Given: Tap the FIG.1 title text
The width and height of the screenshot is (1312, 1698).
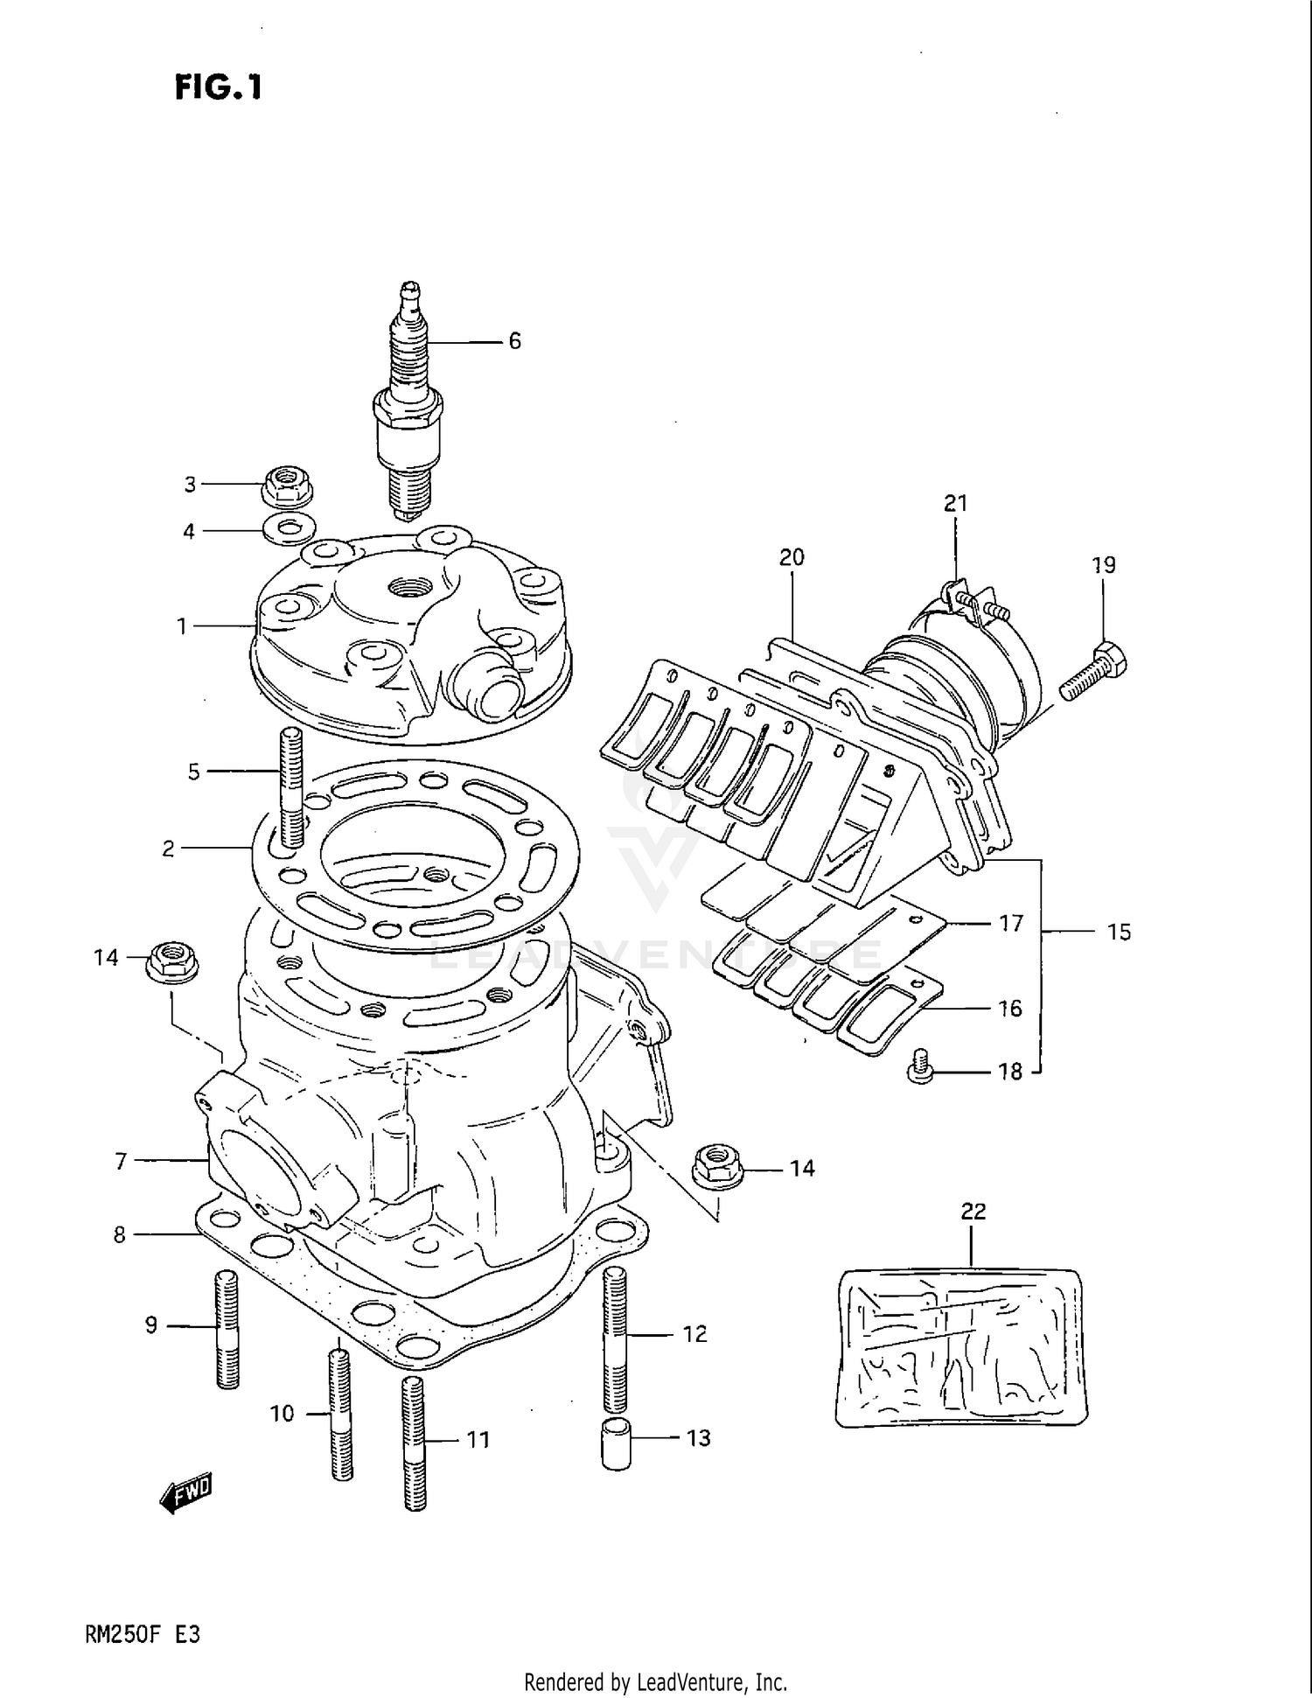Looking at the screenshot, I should coord(219,87).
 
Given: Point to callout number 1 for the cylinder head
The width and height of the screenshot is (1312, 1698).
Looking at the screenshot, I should coord(182,626).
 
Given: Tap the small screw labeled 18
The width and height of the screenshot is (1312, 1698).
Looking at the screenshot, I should coord(918,1067).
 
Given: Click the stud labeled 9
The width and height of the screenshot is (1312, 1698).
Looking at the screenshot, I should coord(227,1328).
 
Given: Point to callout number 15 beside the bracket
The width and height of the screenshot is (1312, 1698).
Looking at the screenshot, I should coord(1119,933).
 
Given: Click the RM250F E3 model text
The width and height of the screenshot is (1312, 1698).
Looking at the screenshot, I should coord(143,1633).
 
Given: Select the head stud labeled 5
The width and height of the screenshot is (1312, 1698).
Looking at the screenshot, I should coord(290,787).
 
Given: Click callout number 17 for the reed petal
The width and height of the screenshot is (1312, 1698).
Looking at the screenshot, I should coord(1011,924).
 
